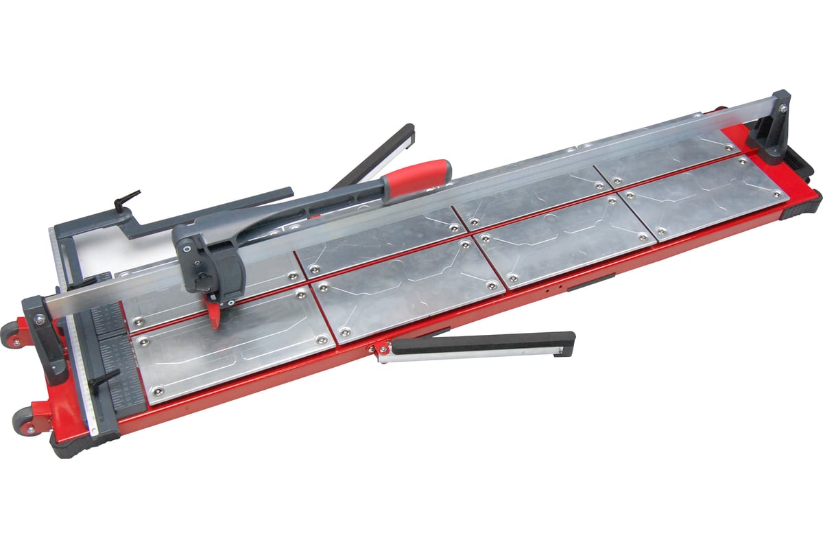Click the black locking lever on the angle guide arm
pyautogui.click(x=128, y=200)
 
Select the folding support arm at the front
pyautogui.click(x=480, y=342)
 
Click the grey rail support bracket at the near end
pyautogui.click(x=48, y=336)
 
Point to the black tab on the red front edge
pyautogui.click(x=590, y=281)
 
